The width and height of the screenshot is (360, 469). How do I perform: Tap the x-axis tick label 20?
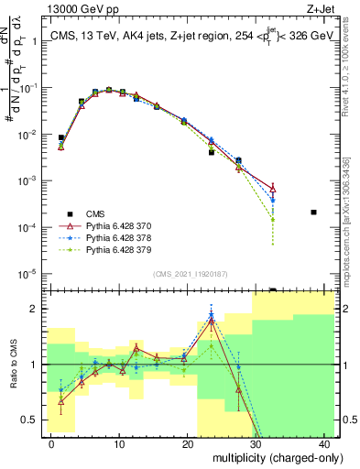coord(187,442)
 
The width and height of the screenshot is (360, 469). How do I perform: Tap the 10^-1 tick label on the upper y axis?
coord(27,88)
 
